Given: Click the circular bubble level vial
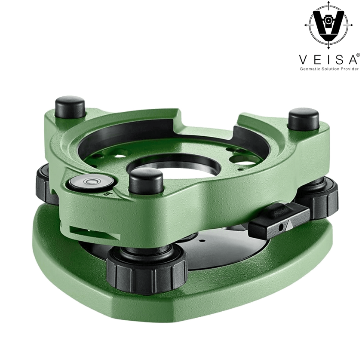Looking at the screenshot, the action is coord(90,182).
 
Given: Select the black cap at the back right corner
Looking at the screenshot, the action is coord(304,119).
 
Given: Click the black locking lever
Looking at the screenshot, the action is coord(279,221).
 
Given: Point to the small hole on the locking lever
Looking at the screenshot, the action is coord(280,227).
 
